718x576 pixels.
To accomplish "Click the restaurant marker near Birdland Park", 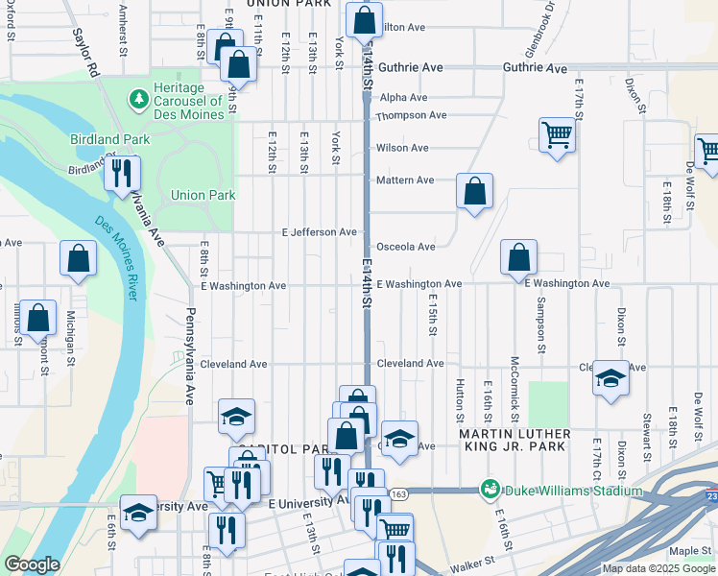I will tap(121, 174).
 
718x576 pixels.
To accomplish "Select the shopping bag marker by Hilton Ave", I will tap(364, 20).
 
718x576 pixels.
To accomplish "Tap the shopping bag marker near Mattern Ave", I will tap(474, 191).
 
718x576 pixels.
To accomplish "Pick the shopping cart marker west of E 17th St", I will tap(556, 134).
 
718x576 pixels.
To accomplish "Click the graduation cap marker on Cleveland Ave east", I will tap(610, 378).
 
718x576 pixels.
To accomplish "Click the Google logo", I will tap(32, 564).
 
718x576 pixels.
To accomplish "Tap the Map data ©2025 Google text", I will tap(658, 568).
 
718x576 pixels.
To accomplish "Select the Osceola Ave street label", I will tap(405, 247).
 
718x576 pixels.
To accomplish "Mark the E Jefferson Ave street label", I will tap(319, 232).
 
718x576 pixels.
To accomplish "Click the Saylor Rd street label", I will tap(85, 52).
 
